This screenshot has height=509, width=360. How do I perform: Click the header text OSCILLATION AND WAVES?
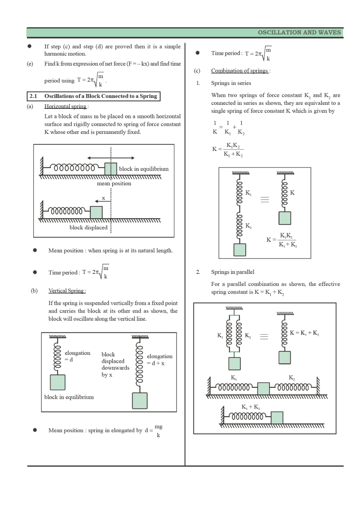pos(299,32)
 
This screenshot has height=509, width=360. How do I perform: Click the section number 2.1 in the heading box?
pos(33,96)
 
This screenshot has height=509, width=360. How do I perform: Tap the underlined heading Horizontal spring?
pos(66,106)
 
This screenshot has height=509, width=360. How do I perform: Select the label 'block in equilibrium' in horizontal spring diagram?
pos(144,169)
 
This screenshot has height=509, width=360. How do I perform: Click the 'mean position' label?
pos(114,184)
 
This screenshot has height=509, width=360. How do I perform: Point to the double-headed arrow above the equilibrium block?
pos(111,158)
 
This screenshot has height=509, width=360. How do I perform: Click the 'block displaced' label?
pos(89,227)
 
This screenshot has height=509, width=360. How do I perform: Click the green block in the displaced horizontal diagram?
pos(96,212)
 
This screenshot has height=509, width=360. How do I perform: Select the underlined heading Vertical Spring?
pos(67,291)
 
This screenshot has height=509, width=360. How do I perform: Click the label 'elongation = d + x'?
pos(159,360)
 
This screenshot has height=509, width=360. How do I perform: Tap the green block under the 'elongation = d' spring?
pos(57,382)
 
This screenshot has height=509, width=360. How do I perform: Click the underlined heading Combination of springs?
pos(240,71)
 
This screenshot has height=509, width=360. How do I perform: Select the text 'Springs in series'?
pos(231,83)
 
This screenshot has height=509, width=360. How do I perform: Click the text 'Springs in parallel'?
pos(233,272)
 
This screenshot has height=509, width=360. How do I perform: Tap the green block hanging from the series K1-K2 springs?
pos(240,250)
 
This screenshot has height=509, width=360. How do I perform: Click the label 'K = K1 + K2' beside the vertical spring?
pos(304,333)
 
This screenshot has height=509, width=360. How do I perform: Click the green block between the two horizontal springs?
pos(263,389)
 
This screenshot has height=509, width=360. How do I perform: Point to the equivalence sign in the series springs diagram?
pos(265,200)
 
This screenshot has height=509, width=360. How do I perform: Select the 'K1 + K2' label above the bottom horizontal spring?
pos(250,407)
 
